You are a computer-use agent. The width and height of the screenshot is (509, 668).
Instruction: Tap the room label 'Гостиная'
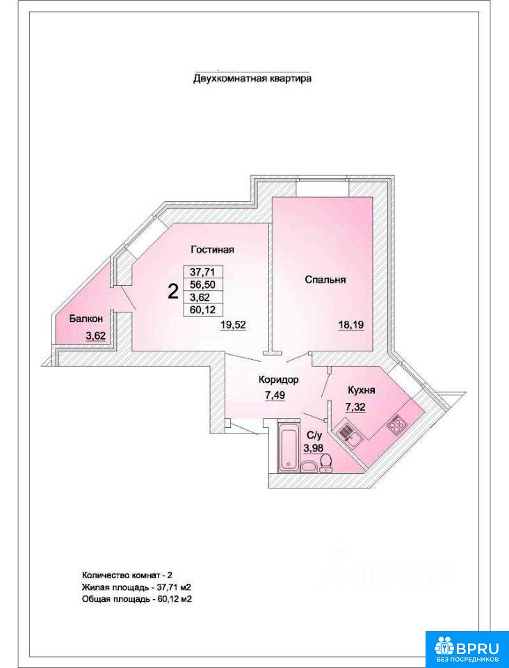(212, 250)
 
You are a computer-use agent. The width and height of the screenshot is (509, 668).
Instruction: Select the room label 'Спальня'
(325, 280)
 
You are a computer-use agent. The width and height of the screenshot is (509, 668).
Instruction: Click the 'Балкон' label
(86, 318)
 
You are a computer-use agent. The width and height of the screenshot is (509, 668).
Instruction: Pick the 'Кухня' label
(362, 390)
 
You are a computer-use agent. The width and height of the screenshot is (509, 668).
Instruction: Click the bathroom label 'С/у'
(314, 436)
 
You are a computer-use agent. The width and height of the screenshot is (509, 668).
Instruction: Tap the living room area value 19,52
(234, 326)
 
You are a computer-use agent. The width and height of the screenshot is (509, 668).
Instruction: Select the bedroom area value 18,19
(352, 326)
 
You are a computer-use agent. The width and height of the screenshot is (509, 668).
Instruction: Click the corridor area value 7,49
(275, 395)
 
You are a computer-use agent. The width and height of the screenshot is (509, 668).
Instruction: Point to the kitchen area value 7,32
(356, 407)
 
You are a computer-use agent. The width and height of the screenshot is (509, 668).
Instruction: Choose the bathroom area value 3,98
(313, 447)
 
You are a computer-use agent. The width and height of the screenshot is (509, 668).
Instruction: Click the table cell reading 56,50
(203, 285)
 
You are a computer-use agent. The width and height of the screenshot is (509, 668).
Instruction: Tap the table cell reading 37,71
(203, 272)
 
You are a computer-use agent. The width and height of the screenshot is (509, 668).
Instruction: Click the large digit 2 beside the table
(172, 292)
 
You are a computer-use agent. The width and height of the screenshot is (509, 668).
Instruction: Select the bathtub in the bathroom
(289, 447)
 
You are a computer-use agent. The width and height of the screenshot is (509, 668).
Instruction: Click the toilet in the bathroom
(326, 463)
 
